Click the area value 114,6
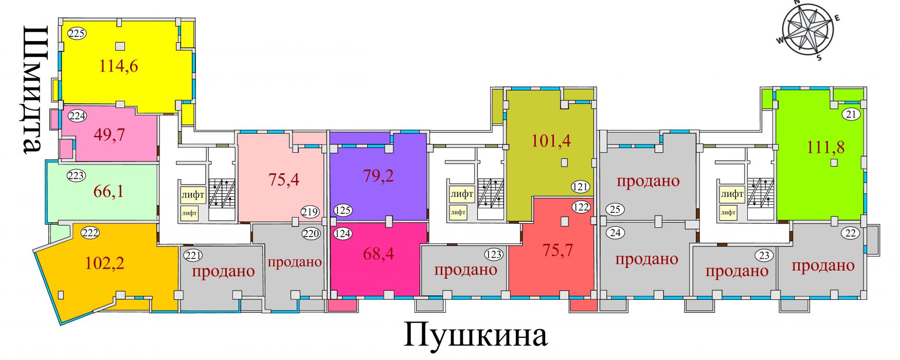point(119,66)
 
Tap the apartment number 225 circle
point(77,34)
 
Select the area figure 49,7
point(110,135)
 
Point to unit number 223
point(76,176)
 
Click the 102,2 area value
point(104,263)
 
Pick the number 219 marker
point(311,212)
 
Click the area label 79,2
point(378,176)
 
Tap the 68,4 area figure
point(379,253)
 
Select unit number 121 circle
point(581,187)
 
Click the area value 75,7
point(557,250)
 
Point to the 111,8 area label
point(826,148)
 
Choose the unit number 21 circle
point(851,115)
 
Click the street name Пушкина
point(475,335)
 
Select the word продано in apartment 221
point(223,271)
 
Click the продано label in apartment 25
point(648,181)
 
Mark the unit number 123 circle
point(494,255)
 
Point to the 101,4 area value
point(551,140)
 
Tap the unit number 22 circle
point(851,233)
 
